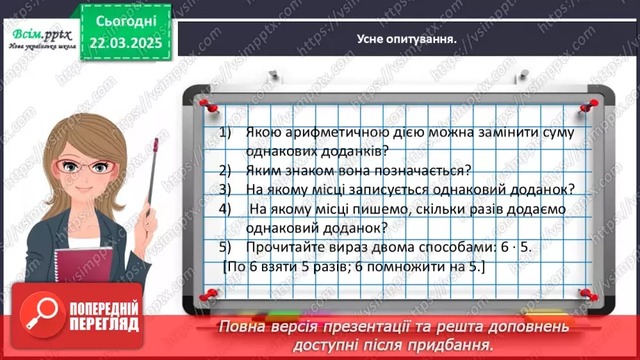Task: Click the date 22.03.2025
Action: (124, 42)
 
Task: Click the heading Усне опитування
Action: (407, 39)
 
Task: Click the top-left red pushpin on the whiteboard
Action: (205, 105)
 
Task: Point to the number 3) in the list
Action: (224, 189)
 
